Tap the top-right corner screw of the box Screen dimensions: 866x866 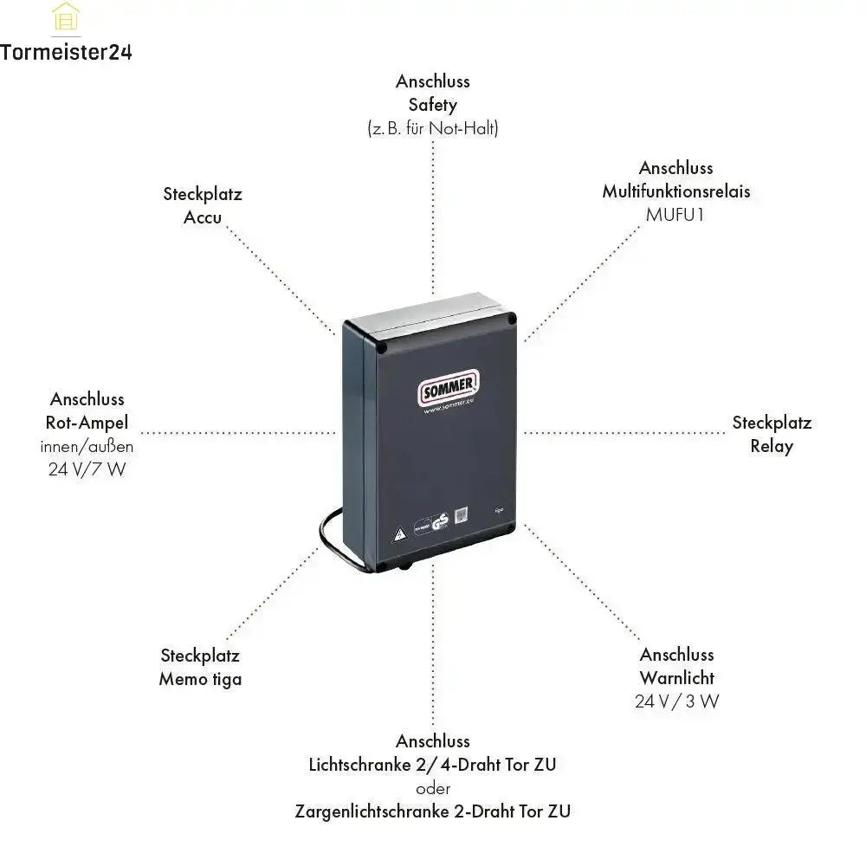[512, 318]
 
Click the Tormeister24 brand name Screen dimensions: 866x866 [66, 52]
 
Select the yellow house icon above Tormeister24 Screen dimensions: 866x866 [66, 17]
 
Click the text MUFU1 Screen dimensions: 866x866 [675, 214]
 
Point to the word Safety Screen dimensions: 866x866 [433, 105]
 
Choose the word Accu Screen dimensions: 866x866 [203, 217]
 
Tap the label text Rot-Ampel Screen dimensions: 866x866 [87, 423]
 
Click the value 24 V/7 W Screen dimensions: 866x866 [87, 470]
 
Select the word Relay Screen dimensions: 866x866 [772, 446]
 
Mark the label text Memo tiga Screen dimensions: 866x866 [200, 679]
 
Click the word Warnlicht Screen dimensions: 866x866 [677, 677]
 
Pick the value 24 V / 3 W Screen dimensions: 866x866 [676, 701]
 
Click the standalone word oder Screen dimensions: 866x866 [433, 788]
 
